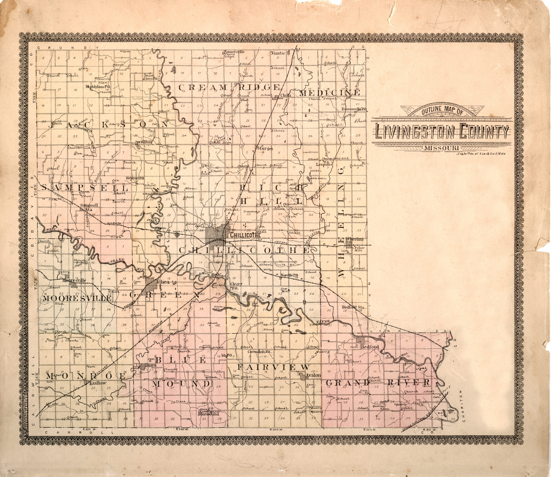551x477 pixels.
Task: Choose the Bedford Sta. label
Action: (354, 307)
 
